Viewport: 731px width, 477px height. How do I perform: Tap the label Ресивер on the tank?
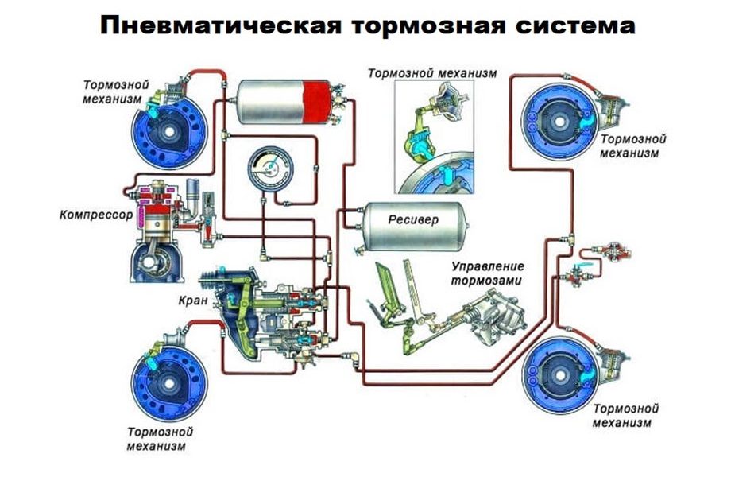[412, 218]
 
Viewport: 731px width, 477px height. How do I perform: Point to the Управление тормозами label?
[487, 273]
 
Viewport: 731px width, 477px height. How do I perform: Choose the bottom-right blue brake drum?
[559, 371]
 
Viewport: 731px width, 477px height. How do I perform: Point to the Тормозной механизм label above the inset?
[431, 73]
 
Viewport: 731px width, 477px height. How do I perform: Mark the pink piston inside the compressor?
[152, 211]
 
